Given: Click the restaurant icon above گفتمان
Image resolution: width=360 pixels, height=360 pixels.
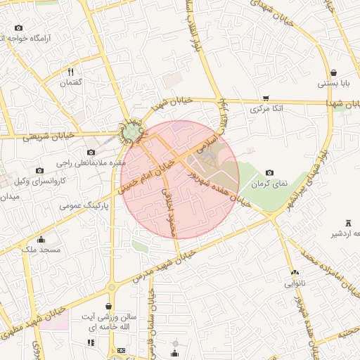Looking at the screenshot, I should click(70, 72).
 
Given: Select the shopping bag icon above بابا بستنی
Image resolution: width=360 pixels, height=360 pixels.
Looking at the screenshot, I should click(333, 72).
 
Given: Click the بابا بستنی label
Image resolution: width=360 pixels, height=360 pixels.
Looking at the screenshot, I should click(333, 84).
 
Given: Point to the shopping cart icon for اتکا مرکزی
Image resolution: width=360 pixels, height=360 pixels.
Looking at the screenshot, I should click(265, 98).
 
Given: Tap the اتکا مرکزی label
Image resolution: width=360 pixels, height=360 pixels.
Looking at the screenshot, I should click(265, 109).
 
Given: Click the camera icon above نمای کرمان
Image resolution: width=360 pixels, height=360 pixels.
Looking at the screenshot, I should click(269, 172).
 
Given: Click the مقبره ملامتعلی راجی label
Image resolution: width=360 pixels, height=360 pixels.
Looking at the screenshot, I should click(89, 163).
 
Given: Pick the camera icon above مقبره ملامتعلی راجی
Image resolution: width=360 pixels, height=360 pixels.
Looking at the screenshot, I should click(91, 153).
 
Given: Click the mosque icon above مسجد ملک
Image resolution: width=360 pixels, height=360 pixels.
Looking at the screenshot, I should click(41, 239).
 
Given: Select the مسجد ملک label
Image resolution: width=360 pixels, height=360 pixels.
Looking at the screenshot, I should click(41, 250).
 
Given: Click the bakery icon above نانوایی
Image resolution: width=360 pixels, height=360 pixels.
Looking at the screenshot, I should click(294, 273).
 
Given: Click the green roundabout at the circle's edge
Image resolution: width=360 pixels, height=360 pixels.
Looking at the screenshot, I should click(132, 131).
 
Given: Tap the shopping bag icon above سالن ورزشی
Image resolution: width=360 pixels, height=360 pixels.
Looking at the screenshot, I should click(108, 307).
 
